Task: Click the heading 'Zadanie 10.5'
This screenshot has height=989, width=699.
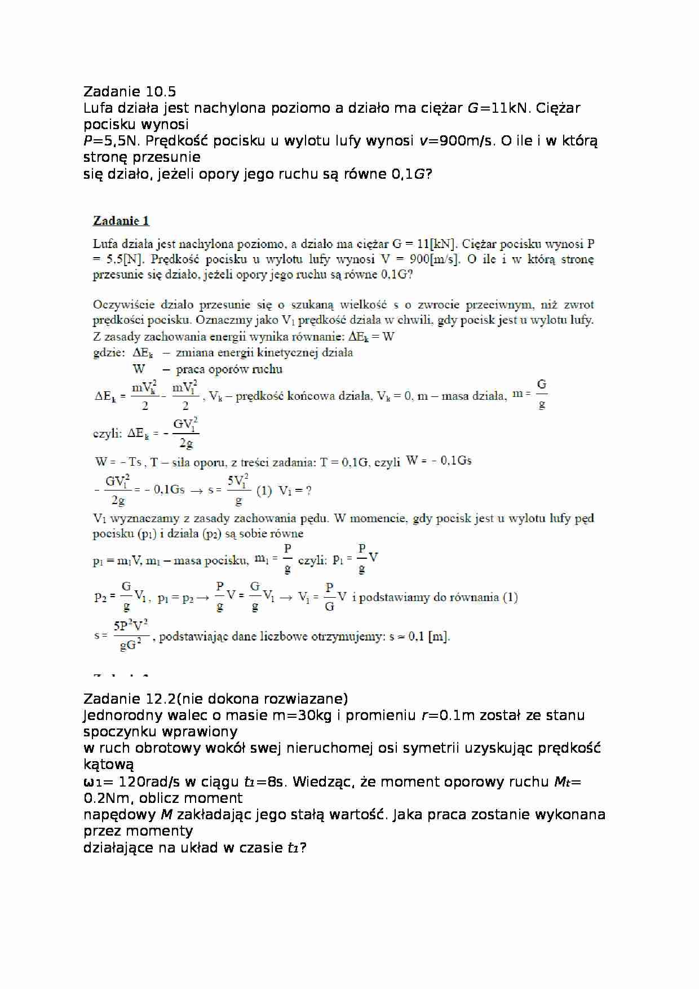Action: tap(129, 91)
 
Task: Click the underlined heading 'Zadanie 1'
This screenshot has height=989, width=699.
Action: tap(121, 220)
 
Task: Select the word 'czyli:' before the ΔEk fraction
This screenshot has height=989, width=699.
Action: tap(107, 433)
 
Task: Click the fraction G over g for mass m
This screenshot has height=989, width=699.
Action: tap(541, 394)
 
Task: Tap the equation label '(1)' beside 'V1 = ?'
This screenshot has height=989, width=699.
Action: tap(264, 491)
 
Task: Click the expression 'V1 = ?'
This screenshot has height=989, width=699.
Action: tap(295, 491)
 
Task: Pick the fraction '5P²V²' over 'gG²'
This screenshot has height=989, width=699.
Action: tap(131, 635)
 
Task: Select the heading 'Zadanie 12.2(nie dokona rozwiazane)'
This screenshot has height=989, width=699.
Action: tap(215, 699)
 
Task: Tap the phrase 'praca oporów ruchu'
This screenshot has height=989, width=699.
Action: tap(229, 369)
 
